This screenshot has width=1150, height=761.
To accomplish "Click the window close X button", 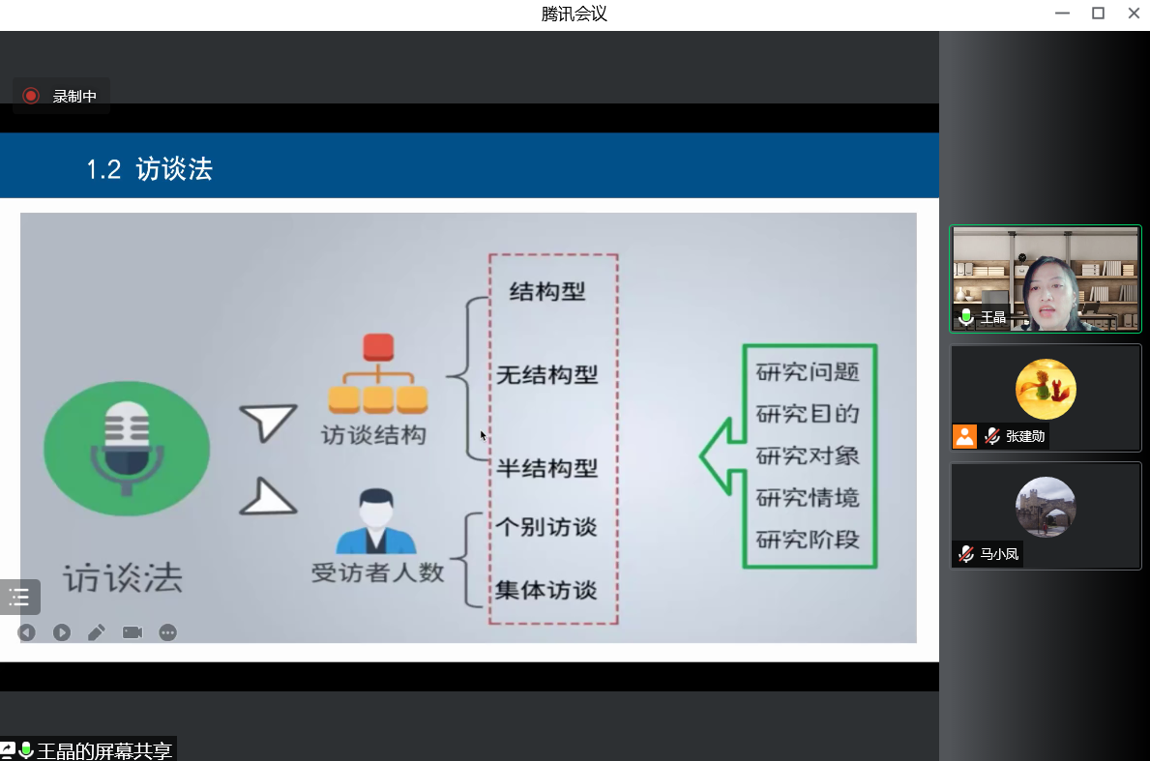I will pyautogui.click(x=1134, y=14).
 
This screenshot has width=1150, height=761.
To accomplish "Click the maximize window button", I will pyautogui.click(x=1098, y=14).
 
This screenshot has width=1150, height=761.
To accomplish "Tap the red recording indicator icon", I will pyautogui.click(x=31, y=96).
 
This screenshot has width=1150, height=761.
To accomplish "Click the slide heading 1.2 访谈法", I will pyautogui.click(x=149, y=170).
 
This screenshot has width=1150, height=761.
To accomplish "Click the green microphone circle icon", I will pyautogui.click(x=127, y=448).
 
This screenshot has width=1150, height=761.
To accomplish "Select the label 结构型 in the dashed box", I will pyautogui.click(x=547, y=291).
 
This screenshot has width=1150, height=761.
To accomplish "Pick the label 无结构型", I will pyautogui.click(x=547, y=375).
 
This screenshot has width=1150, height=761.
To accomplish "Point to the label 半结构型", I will pyautogui.click(x=547, y=469).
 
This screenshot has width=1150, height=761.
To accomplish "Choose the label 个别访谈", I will pyautogui.click(x=547, y=527).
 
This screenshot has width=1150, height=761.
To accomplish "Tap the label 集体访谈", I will pyautogui.click(x=547, y=590).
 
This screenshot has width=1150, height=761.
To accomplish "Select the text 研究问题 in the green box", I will pyautogui.click(x=808, y=372).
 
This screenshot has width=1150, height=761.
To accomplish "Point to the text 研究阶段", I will pyautogui.click(x=808, y=540).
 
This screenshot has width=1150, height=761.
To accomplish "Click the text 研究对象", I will pyautogui.click(x=808, y=455).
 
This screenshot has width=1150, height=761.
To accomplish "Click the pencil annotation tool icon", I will pyautogui.click(x=97, y=632).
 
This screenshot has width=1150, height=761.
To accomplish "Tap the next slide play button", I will pyautogui.click(x=62, y=632).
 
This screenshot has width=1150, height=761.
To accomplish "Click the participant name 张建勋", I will pyautogui.click(x=1025, y=436).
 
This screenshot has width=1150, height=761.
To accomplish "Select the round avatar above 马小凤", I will pyautogui.click(x=1046, y=507).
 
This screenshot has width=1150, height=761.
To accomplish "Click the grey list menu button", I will pyautogui.click(x=19, y=597).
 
